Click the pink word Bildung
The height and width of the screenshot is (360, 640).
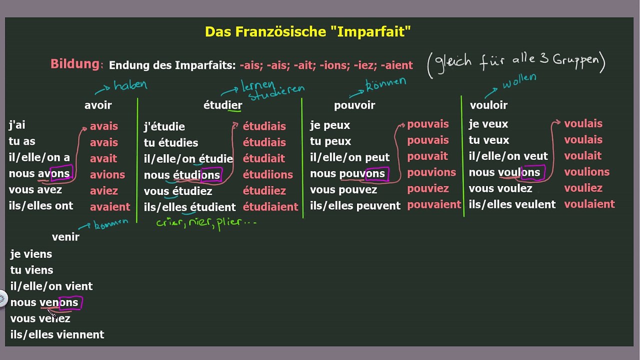click(x=75, y=64)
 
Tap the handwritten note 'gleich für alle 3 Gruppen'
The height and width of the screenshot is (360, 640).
click(x=516, y=64)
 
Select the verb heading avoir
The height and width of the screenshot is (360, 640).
click(x=98, y=105)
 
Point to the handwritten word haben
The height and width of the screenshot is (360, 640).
click(x=130, y=85)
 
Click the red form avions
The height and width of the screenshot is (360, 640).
click(x=107, y=174)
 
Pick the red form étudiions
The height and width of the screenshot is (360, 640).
click(x=267, y=174)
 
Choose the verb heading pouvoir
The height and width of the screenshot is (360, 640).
click(x=354, y=105)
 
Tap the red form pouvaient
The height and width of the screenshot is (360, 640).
click(x=433, y=204)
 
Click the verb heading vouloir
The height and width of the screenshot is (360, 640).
click(x=488, y=105)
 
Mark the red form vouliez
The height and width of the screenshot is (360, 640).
click(x=583, y=188)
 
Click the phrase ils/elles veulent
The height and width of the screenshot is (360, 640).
click(x=512, y=204)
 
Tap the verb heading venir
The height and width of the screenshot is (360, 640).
click(x=65, y=237)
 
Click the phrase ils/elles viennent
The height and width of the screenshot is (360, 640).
click(x=57, y=334)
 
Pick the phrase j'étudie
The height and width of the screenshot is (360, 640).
click(x=164, y=126)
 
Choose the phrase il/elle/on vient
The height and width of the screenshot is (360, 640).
click(x=51, y=286)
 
